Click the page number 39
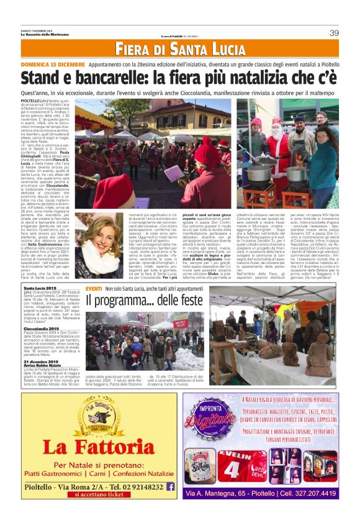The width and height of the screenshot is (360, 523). point(334,33)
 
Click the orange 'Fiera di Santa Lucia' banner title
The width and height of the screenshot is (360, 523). point(180,49)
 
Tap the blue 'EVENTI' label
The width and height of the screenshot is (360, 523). point(94,290)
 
